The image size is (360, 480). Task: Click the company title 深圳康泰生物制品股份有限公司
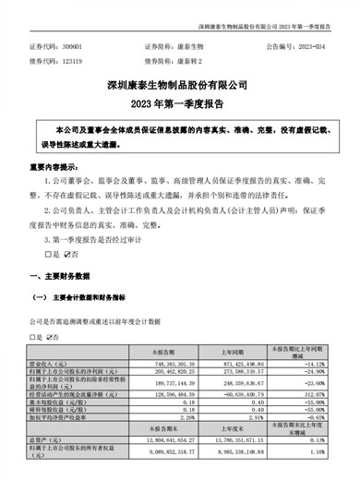click(x=180, y=82)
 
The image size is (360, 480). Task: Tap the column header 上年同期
click(x=233, y=353)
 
